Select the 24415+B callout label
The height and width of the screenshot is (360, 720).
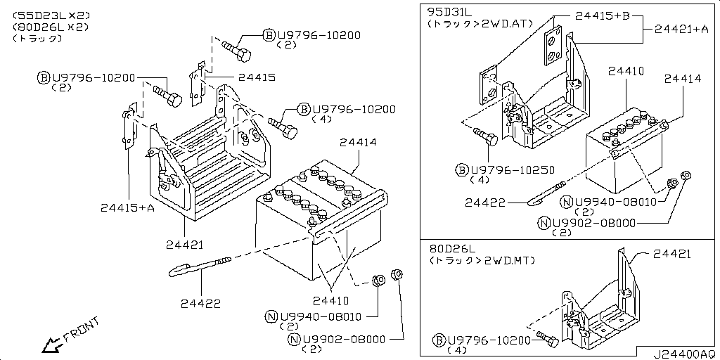coord(603,15)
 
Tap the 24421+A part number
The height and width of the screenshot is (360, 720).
coord(681,29)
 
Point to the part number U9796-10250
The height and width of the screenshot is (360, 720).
coord(513,169)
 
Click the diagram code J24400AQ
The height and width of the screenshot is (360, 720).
coord(680,354)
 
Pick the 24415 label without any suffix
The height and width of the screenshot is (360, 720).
coord(256,77)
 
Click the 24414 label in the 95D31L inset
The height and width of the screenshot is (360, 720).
coord(682,79)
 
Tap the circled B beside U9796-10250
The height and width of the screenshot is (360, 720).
coord(462,169)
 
